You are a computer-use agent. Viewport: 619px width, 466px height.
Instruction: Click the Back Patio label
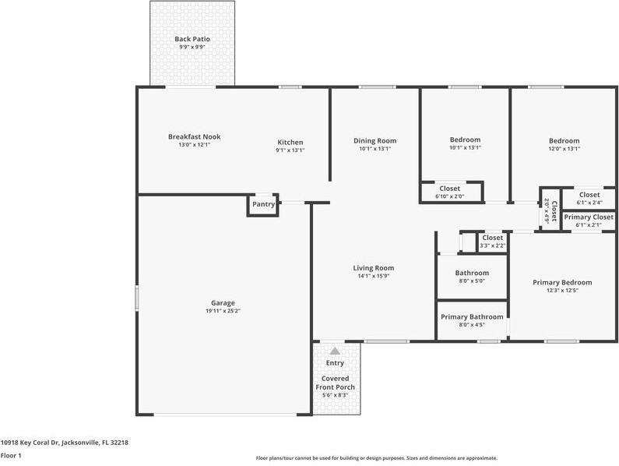pos(192,39)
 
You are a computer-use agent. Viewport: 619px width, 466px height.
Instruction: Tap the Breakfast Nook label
pos(194,137)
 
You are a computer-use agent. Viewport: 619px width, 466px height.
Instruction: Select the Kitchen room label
pos(290,143)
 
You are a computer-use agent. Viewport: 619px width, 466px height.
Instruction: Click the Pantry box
pos(263,205)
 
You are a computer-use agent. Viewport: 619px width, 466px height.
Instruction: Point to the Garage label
pos(223,303)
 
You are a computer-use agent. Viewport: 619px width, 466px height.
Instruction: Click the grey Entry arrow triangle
pos(335,351)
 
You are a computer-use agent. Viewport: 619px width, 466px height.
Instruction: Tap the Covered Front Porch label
pos(335,383)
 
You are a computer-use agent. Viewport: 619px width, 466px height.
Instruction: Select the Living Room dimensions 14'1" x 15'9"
pos(375,276)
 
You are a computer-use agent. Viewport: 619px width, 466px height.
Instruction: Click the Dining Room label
pos(375,141)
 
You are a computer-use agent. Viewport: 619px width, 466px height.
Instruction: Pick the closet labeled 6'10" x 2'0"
pos(449,192)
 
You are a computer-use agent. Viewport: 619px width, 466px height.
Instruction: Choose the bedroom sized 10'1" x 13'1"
pos(465,143)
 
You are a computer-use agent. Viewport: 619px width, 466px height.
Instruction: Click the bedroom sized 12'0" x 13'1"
pos(564,143)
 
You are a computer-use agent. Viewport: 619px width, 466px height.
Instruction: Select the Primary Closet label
pos(589,217)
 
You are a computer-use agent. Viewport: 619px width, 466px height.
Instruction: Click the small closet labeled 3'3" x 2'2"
pos(492,242)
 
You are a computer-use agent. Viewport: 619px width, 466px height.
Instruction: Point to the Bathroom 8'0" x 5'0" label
pos(472,277)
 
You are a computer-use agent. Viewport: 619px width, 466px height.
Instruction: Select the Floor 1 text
pos(11,455)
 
